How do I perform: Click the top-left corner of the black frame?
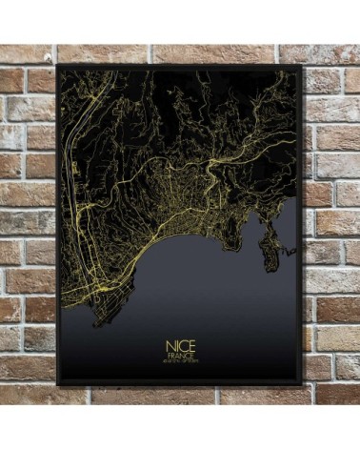pos(57,66)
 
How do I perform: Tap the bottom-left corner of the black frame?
pos(57,384)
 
